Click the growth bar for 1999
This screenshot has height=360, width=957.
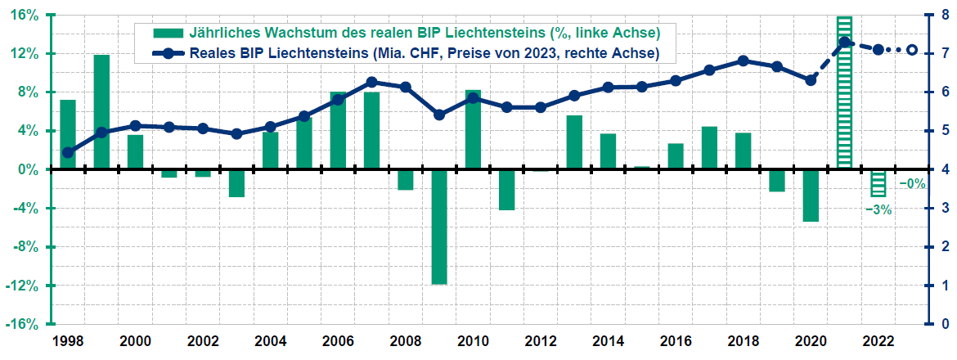coord(101,112)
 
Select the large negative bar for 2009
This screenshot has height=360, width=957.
coord(439,227)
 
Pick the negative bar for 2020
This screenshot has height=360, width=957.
coord(811,196)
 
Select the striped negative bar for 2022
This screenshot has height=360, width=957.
coord(878,183)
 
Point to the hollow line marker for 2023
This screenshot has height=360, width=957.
coord(913,50)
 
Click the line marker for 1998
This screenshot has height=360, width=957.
coord(68,152)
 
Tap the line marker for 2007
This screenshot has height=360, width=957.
coord(371,82)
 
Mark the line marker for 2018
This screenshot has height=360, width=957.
coord(743,61)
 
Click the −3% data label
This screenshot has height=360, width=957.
coord(878,209)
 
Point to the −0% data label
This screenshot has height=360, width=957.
coord(912,184)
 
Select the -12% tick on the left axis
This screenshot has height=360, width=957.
coord(25,286)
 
